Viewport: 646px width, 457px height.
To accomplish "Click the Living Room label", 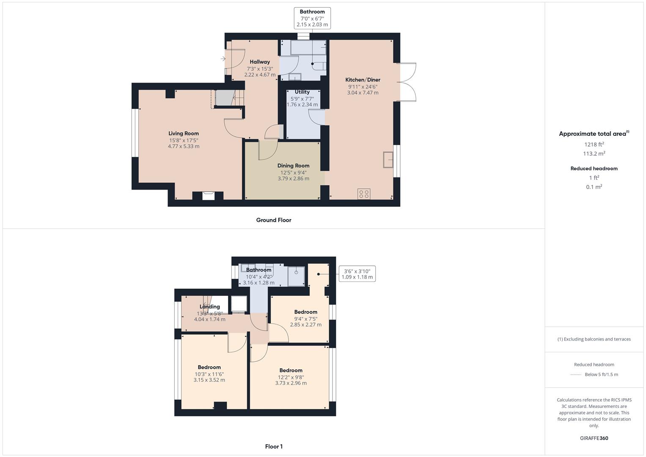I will click(x=184, y=133).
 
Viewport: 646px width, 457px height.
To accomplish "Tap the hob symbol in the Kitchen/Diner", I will click(x=364, y=194).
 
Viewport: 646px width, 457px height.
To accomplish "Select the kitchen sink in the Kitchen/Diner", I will click(x=388, y=160).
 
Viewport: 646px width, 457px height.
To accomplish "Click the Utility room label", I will click(x=302, y=92).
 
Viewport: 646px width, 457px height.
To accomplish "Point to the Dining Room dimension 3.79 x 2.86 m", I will click(x=293, y=179).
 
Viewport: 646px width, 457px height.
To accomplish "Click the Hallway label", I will click(x=259, y=62).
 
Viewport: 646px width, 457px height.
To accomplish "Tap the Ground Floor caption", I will click(x=274, y=220).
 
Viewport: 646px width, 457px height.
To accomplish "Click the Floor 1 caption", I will click(x=274, y=446).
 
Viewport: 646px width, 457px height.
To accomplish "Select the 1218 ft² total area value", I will click(x=594, y=144).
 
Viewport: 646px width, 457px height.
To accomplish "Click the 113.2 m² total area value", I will click(x=594, y=154).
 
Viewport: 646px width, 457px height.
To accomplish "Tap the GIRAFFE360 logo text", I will click(x=594, y=438).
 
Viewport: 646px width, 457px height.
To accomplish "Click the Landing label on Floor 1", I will click(x=210, y=307).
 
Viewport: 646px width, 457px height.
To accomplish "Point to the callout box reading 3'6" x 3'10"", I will click(x=357, y=274).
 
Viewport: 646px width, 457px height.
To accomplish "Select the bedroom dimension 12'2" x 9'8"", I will click(x=291, y=377).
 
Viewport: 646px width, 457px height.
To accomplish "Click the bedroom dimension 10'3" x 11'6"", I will click(x=209, y=374).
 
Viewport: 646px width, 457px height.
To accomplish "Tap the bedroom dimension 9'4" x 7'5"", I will click(x=305, y=319).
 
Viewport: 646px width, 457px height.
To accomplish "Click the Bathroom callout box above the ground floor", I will click(x=312, y=18).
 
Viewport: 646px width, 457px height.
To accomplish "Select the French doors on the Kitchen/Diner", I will click(x=407, y=82).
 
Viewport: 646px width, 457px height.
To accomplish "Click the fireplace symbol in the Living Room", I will click(x=209, y=195).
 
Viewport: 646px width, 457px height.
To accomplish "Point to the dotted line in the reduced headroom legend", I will click(x=576, y=374).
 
